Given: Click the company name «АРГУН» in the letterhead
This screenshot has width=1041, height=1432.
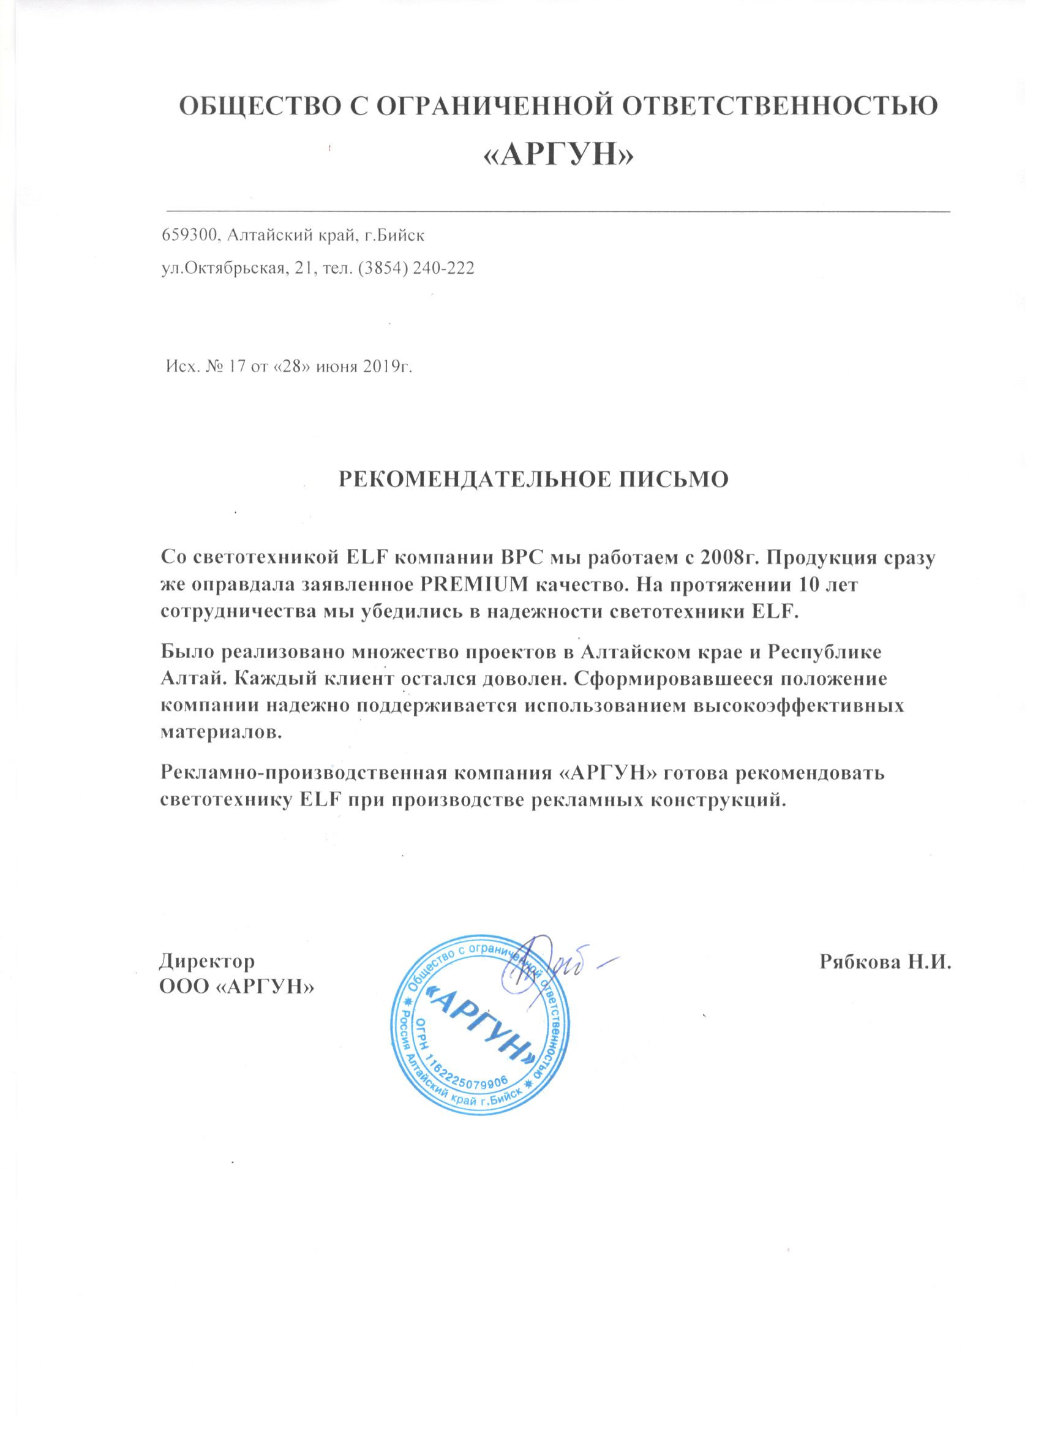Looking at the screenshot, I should coord(557,155).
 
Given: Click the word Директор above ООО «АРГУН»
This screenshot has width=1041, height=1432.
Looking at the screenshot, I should coord(207,979).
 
